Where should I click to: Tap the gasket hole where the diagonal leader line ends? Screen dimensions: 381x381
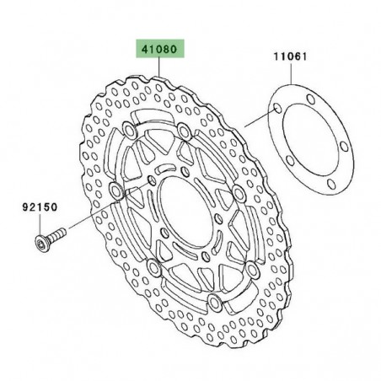tap(276, 109)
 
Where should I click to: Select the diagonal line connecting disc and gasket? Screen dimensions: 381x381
tap(257, 119)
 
